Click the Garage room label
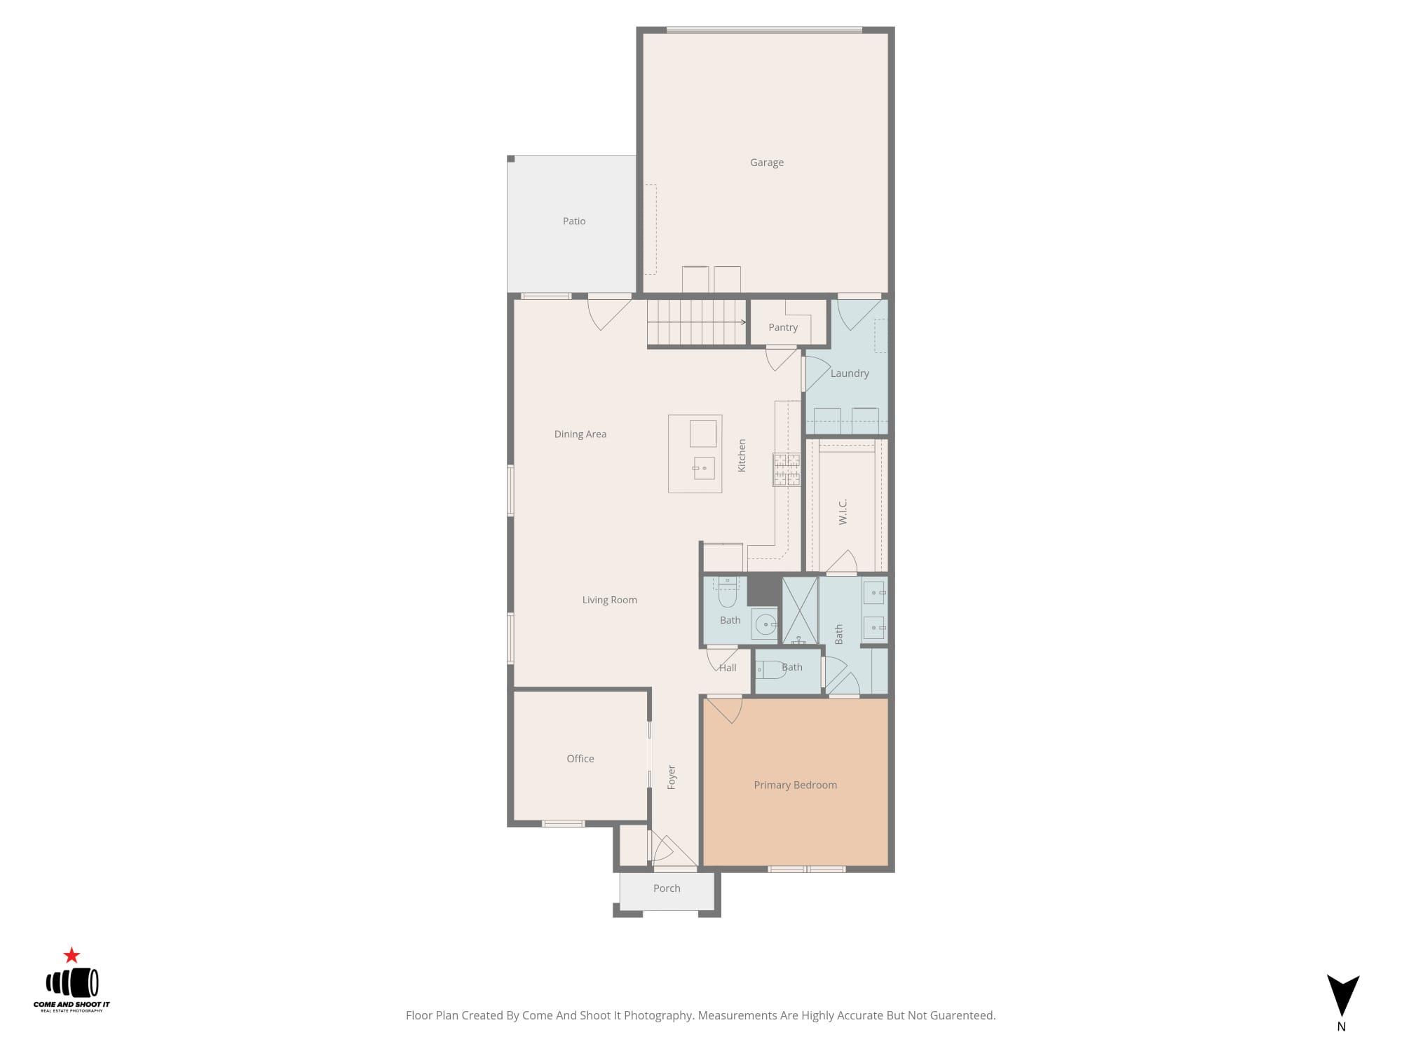point(766,163)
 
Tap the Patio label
point(573,221)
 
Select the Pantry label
point(782,327)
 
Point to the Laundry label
point(849,373)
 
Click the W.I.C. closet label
point(843,511)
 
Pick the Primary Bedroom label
point(795,785)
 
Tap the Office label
point(580,759)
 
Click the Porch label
point(666,888)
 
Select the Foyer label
point(671,777)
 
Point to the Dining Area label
point(580,434)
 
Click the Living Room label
point(609,600)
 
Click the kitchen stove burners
point(786,469)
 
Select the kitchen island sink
point(703,467)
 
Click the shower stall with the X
point(799,610)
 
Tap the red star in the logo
point(72,955)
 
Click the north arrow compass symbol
point(1342,995)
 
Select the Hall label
point(728,668)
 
